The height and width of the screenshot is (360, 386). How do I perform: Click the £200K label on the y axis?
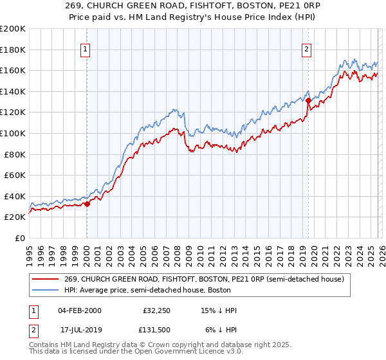click(13, 29)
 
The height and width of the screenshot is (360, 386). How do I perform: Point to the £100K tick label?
click(13, 133)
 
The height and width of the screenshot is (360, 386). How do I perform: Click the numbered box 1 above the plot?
click(86, 48)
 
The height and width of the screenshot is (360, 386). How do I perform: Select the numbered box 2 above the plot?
click(307, 48)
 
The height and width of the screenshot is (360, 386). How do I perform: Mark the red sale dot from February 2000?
click(87, 204)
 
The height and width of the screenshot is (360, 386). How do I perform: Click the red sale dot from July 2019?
click(308, 100)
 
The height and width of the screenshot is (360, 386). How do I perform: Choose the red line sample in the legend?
click(46, 279)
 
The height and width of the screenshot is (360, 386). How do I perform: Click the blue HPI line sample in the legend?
click(46, 291)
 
